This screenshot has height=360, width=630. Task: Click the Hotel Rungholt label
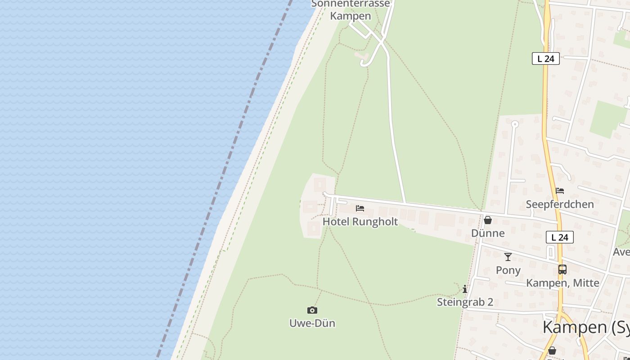click(360, 221)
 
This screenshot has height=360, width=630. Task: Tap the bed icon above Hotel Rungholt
click(360, 208)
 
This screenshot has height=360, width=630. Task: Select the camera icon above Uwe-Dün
click(312, 310)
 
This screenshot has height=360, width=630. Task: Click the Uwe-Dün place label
click(312, 323)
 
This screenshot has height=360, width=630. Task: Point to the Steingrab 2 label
click(465, 302)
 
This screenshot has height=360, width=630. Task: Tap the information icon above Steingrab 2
click(465, 289)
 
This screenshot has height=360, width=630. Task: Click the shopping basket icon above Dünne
click(488, 220)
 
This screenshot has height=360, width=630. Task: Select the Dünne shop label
click(488, 233)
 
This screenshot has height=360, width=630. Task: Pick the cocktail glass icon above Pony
click(508, 257)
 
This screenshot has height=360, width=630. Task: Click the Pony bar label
click(508, 270)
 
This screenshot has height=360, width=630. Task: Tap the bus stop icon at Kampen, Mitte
click(562, 270)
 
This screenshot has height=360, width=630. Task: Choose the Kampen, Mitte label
click(562, 283)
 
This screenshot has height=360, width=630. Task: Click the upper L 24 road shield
click(545, 58)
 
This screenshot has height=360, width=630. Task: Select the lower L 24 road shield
click(560, 237)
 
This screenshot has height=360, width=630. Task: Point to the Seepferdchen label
click(560, 204)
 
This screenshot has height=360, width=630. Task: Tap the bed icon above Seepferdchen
click(560, 191)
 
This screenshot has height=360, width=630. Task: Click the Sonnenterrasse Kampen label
click(351, 10)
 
